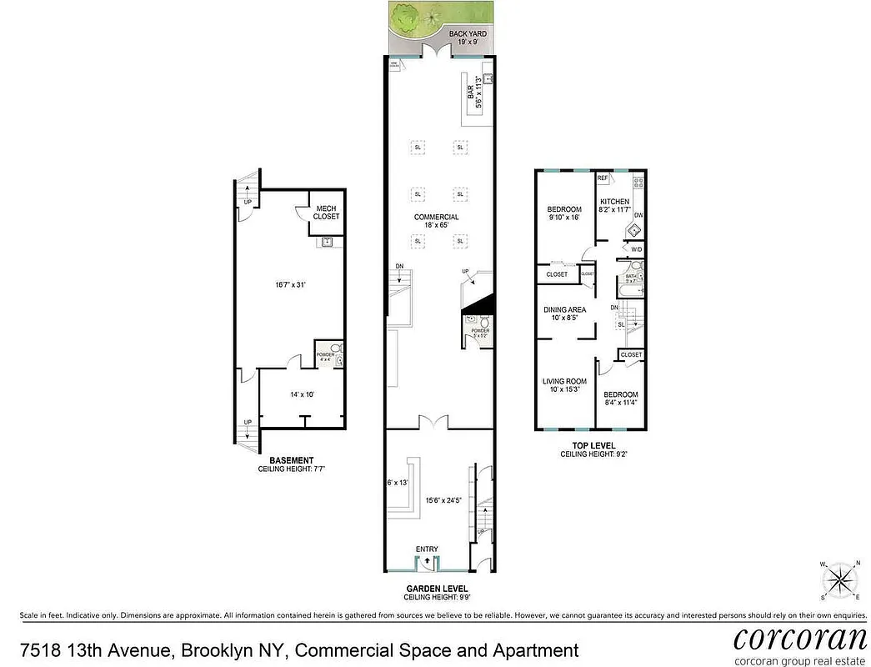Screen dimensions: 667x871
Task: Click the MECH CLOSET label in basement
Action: pos(326,213)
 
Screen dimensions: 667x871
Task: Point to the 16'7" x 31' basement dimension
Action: pos(290,284)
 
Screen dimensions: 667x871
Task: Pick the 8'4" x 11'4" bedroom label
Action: pos(621,399)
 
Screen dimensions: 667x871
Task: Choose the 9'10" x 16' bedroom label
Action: pos(564,213)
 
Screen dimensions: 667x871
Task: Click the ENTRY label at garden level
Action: pos(428,548)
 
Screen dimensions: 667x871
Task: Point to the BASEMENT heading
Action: pos(291,460)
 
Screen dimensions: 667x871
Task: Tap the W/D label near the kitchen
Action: pos(636,249)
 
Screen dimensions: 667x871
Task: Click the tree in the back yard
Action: pos(407,17)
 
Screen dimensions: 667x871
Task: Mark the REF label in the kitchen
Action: pos(602,178)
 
